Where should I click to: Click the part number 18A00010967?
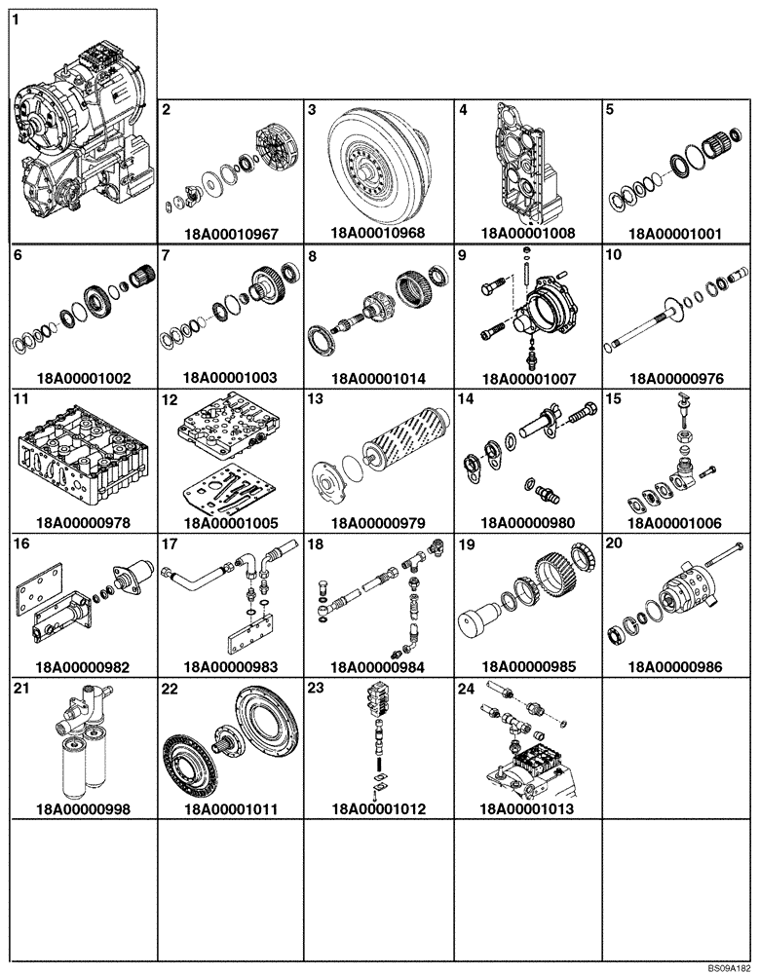231,234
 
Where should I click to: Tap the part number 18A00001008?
527,234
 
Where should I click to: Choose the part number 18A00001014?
379,378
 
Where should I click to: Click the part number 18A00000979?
379,522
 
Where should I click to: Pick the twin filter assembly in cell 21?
82,750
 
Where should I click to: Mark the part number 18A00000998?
82,809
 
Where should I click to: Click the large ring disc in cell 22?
262,722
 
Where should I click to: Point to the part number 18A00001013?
527,809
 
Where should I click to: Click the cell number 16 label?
20,543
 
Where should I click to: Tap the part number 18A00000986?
676,667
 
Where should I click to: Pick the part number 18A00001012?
379,809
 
